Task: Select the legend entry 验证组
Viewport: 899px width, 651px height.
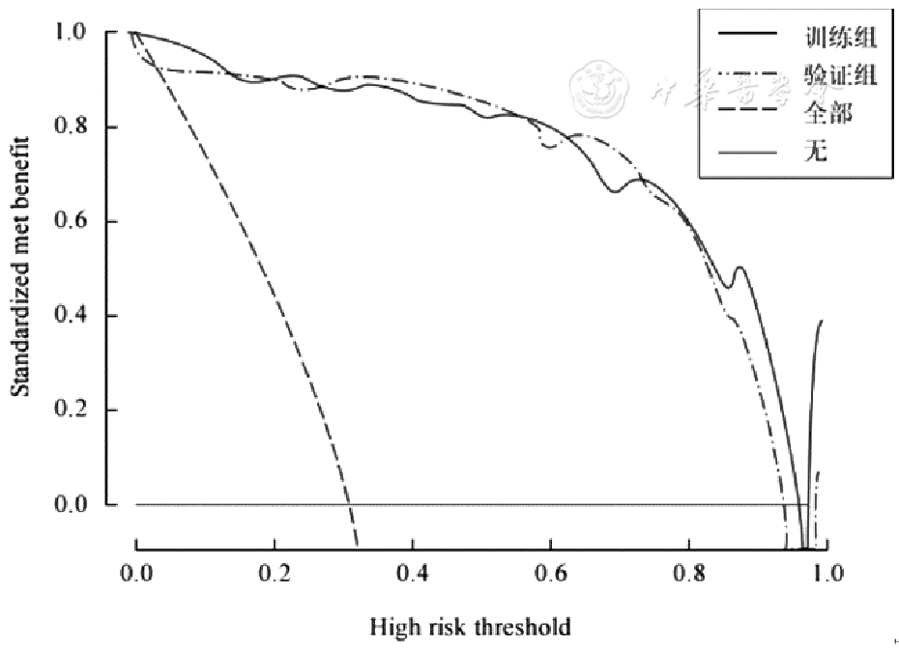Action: pos(840,75)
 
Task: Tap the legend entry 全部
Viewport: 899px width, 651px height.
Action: pos(828,113)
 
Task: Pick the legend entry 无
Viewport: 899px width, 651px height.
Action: pos(817,152)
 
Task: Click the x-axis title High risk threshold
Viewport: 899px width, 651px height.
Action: pos(470,627)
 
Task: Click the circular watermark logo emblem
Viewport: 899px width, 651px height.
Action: pos(599,89)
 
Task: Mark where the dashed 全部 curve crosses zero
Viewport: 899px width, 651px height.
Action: pos(348,505)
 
